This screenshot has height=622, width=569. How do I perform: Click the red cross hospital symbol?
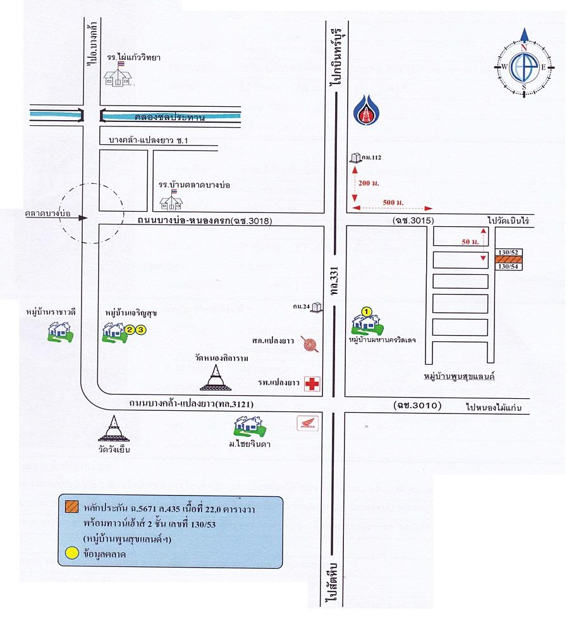[x=311, y=383]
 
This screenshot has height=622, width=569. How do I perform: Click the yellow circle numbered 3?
[x=142, y=329]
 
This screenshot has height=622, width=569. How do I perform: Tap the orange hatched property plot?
[x=509, y=259]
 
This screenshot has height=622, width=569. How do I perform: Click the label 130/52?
[x=508, y=252]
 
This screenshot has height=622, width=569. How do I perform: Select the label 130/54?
[x=508, y=267]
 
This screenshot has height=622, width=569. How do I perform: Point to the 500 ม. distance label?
[x=393, y=202]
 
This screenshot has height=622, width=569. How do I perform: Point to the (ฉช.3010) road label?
[x=416, y=405]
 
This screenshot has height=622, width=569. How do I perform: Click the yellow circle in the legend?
[x=70, y=552]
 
